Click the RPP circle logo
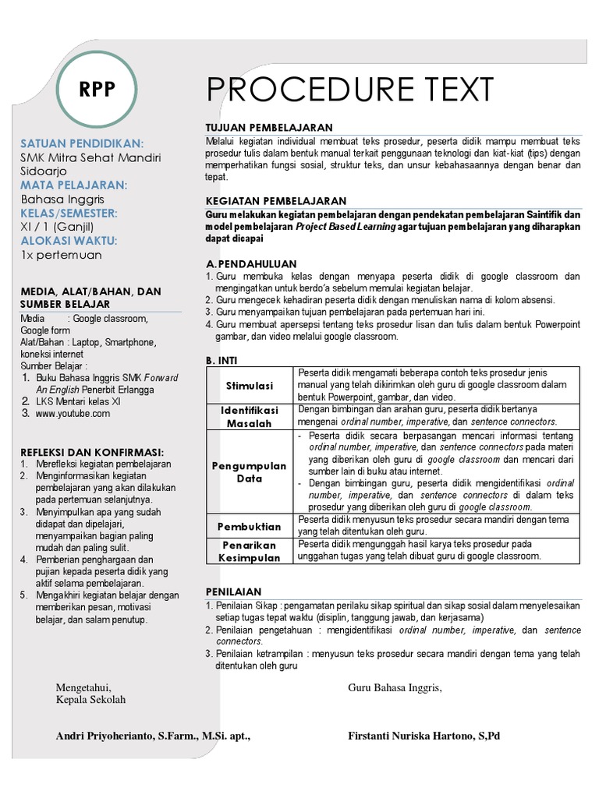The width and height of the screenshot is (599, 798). point(97,90)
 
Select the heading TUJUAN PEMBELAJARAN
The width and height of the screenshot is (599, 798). point(268,127)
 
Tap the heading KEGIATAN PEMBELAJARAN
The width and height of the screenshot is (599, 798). point(276,201)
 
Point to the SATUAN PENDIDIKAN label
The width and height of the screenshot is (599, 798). point(82,144)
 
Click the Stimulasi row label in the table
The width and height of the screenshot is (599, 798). point(250,385)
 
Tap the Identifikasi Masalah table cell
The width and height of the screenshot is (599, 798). point(250,416)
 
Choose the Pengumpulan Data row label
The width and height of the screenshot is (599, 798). point(250,471)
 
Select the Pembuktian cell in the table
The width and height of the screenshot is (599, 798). point(250,526)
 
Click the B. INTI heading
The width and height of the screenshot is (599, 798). point(222,360)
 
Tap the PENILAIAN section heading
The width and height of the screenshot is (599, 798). point(233,591)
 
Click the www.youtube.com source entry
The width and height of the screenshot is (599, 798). point(73,414)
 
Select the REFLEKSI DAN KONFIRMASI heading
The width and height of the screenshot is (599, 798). point(92,451)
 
